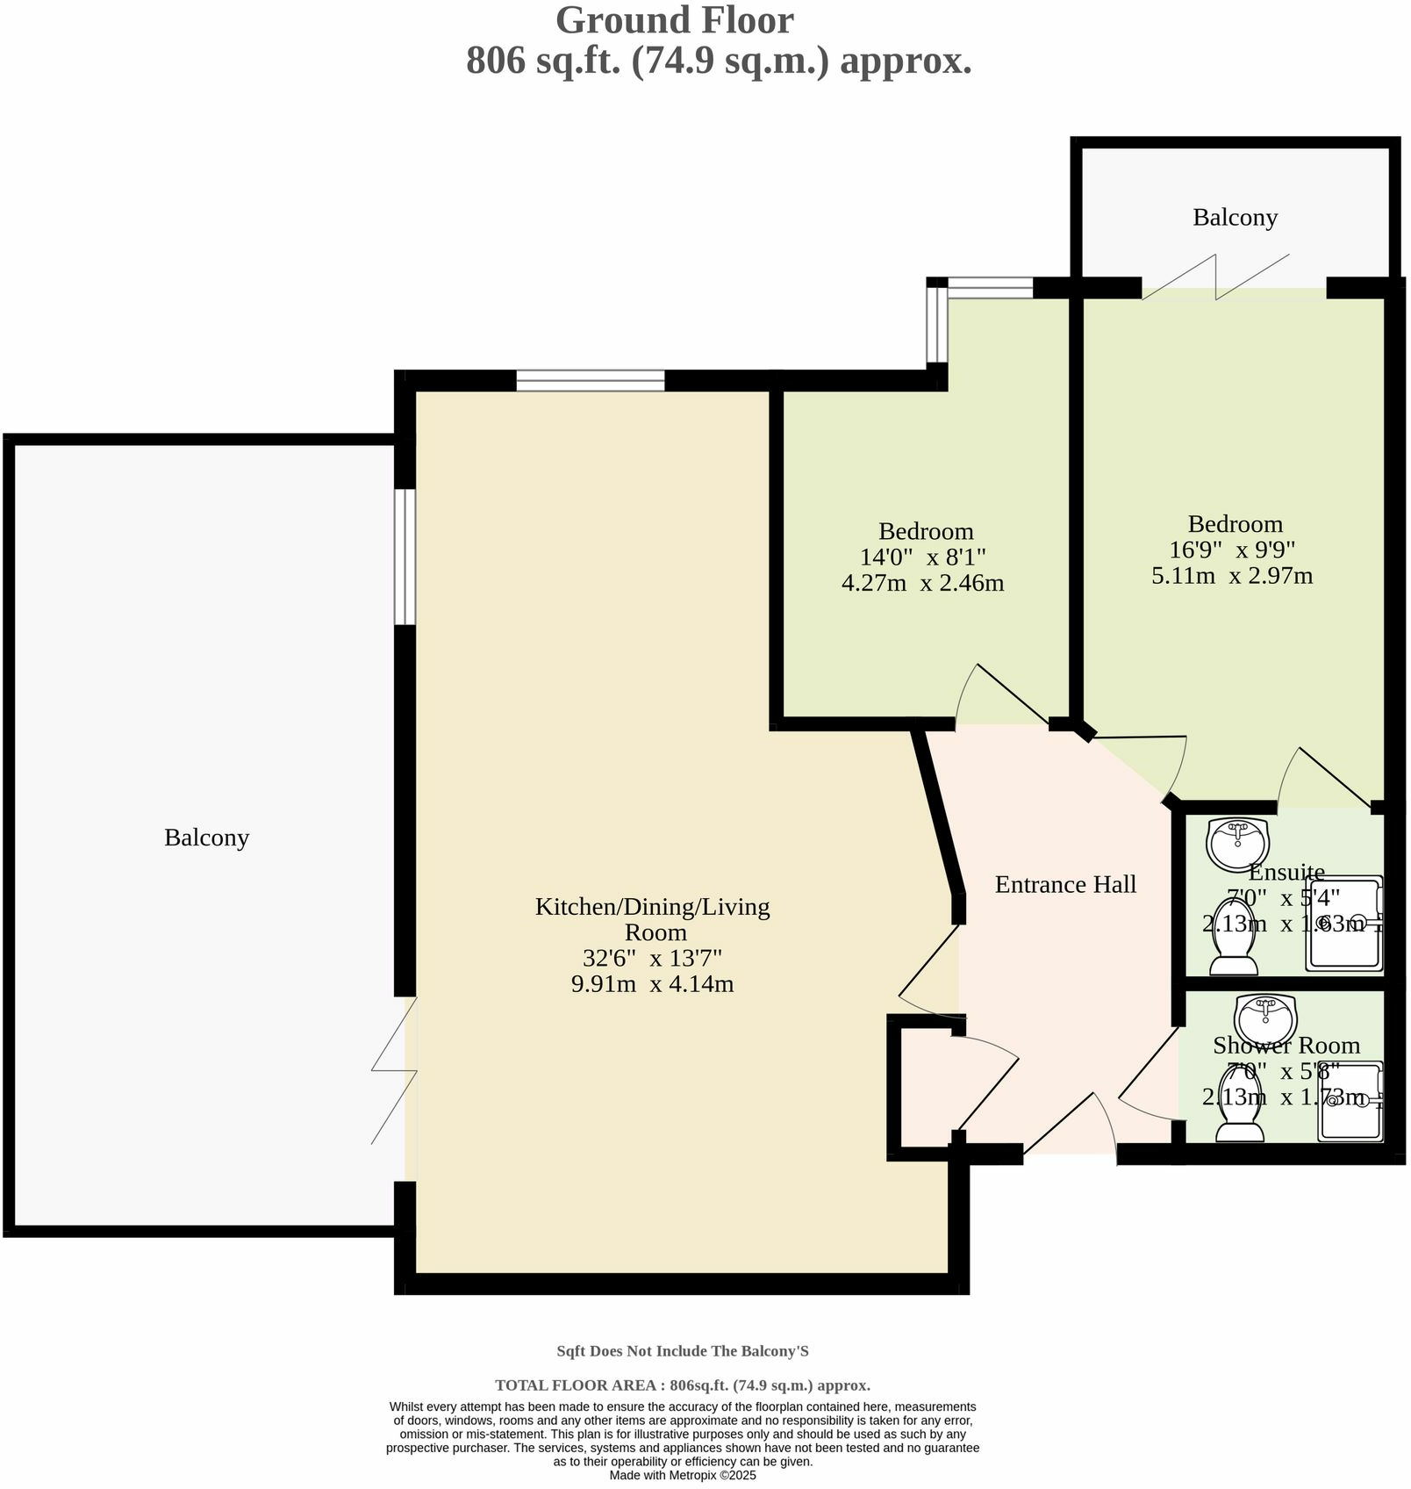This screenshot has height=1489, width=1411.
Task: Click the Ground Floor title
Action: click(x=674, y=21)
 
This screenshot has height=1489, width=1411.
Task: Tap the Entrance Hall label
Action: click(x=1065, y=884)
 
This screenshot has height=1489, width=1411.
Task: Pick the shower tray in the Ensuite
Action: click(x=1343, y=924)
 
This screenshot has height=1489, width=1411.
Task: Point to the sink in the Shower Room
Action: click(x=1264, y=1018)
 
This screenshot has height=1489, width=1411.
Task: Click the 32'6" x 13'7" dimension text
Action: click(x=652, y=958)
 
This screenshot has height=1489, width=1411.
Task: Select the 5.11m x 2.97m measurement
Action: click(x=1232, y=576)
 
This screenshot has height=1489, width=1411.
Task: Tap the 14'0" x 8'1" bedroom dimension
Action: click(x=923, y=557)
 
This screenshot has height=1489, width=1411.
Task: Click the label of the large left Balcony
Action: click(x=206, y=838)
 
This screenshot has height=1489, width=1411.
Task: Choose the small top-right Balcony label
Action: click(x=1235, y=217)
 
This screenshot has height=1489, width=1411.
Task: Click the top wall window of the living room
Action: click(x=591, y=381)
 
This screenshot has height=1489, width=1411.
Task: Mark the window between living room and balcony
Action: click(x=405, y=557)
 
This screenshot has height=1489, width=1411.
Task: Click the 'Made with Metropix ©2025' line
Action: click(x=683, y=1476)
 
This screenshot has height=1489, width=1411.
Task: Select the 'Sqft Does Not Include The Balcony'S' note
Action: click(x=683, y=1352)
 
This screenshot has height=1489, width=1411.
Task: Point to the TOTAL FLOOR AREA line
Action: click(x=683, y=1385)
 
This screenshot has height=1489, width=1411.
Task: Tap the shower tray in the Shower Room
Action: click(x=1350, y=1104)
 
